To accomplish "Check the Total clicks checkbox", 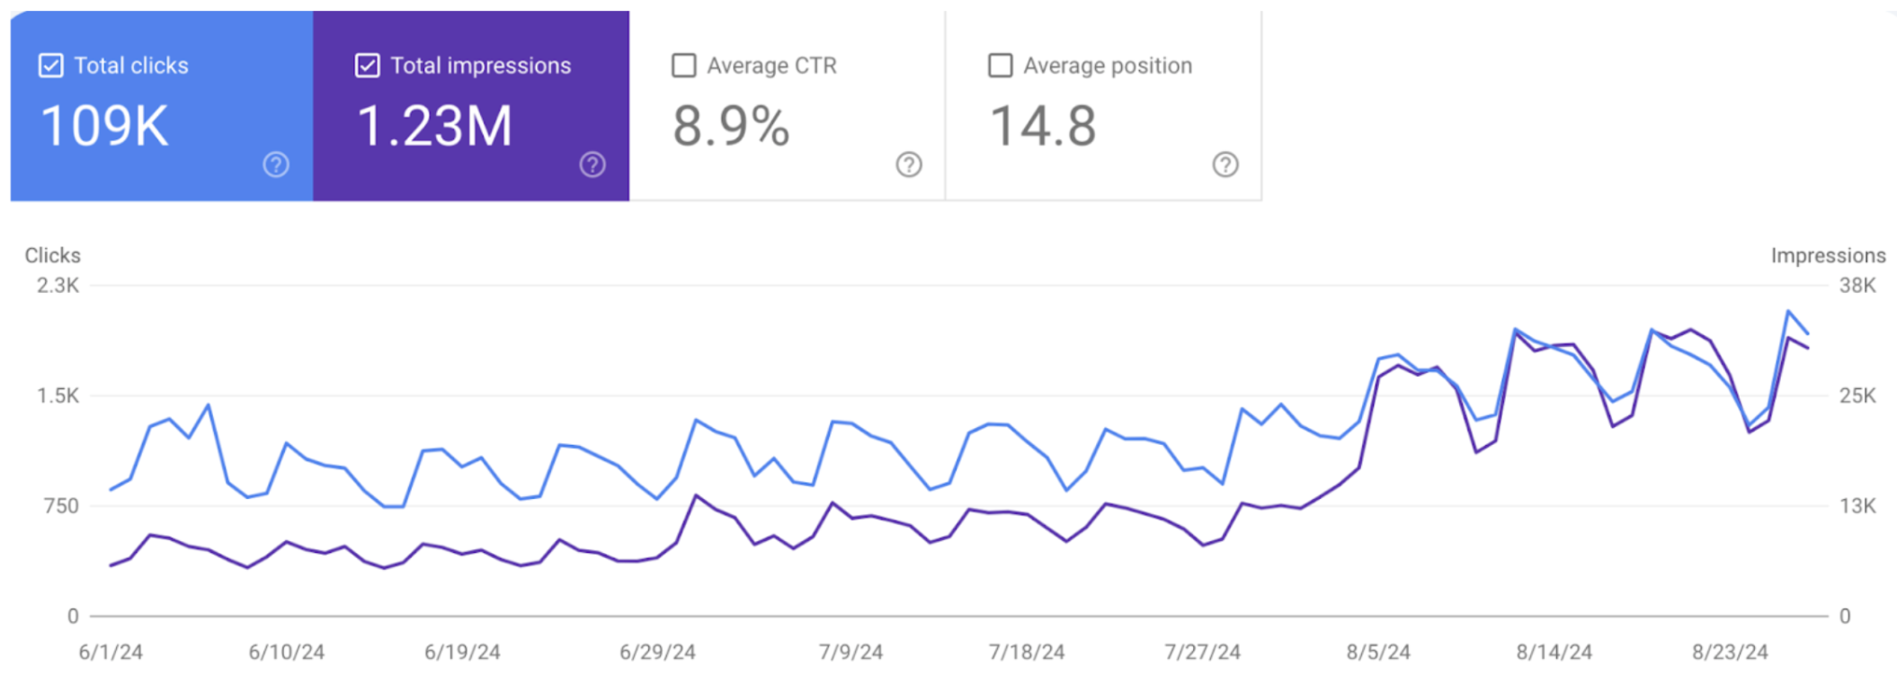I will pyautogui.click(x=51, y=66).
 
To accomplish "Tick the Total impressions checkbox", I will pyautogui.click(x=367, y=66).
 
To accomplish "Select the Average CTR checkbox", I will pyautogui.click(x=684, y=66).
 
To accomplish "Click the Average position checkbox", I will pyautogui.click(x=1000, y=66).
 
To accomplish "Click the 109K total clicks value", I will pyautogui.click(x=104, y=126).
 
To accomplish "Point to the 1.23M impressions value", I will pyautogui.click(x=434, y=126).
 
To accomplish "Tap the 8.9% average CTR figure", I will pyautogui.click(x=731, y=126).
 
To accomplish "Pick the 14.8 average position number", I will pyautogui.click(x=1043, y=126).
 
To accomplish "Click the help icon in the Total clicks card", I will pyautogui.click(x=276, y=165).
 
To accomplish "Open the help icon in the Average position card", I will pyautogui.click(x=1225, y=165).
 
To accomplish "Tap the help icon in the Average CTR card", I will pyautogui.click(x=909, y=165).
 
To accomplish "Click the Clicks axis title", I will pyautogui.click(x=52, y=255).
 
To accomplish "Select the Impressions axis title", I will pyautogui.click(x=1828, y=255).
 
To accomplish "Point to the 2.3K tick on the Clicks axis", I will pyautogui.click(x=58, y=286).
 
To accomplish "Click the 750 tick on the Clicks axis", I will pyautogui.click(x=61, y=506).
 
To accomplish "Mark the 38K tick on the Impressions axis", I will pyautogui.click(x=1857, y=286).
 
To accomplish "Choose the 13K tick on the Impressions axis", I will pyautogui.click(x=1857, y=506).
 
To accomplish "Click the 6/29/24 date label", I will pyautogui.click(x=657, y=652).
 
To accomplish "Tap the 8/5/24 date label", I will pyautogui.click(x=1378, y=652).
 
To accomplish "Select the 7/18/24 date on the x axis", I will pyautogui.click(x=1027, y=652).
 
